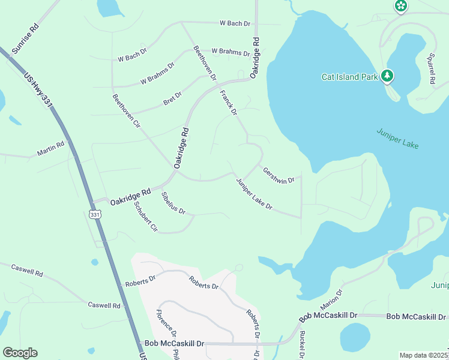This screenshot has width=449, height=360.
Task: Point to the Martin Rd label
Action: [50, 149]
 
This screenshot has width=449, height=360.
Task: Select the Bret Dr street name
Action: [172, 98]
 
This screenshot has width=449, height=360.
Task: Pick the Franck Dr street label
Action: [229, 102]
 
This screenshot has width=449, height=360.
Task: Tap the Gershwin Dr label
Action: [279, 175]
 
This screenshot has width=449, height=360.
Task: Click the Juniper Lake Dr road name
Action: [254, 194]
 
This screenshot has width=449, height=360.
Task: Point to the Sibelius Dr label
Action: [173, 203]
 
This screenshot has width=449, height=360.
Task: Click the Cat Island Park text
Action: [349, 77]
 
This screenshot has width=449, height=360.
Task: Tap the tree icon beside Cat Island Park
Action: [388, 76]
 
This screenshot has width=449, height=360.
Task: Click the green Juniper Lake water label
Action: [397, 139]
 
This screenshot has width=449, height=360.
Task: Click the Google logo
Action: [20, 353]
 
